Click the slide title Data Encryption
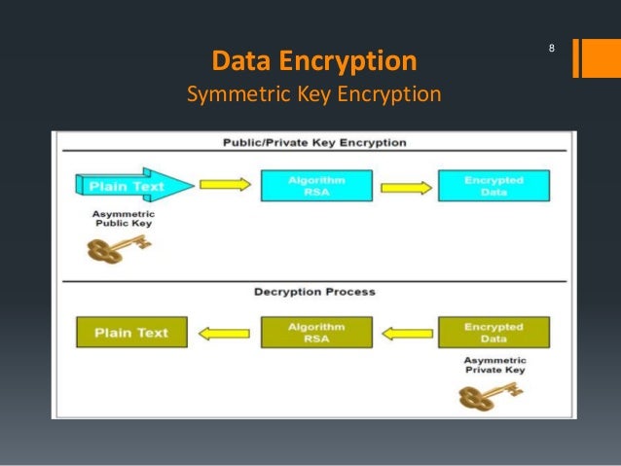314,62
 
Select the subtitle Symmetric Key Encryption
313,95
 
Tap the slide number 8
552,49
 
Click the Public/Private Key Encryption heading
314,143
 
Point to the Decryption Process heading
314,291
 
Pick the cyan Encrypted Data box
493,185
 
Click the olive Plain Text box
131,333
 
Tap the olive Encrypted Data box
493,333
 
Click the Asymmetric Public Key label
124,218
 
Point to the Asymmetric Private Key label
493,364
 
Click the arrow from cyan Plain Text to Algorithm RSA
224,184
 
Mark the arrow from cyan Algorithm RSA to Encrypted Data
405,188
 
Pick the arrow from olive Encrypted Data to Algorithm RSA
405,334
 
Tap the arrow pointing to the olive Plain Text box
223,334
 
